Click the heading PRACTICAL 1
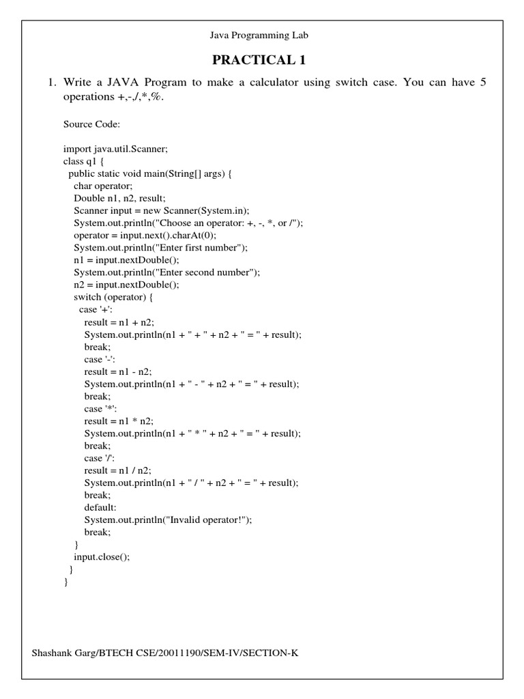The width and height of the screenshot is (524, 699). click(259, 60)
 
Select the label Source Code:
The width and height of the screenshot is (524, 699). click(92, 124)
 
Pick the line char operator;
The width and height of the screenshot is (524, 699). click(103, 186)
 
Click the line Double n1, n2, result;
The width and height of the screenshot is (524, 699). click(119, 198)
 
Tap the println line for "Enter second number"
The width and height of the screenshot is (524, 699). click(167, 272)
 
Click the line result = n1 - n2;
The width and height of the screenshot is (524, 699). click(118, 371)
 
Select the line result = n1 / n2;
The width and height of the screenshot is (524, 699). click(118, 470)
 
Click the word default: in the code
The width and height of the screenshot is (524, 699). click(101, 507)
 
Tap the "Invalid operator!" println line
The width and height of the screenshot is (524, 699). click(168, 519)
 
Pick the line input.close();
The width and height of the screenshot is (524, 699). click(102, 556)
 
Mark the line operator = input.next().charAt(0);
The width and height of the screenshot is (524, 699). click(145, 235)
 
